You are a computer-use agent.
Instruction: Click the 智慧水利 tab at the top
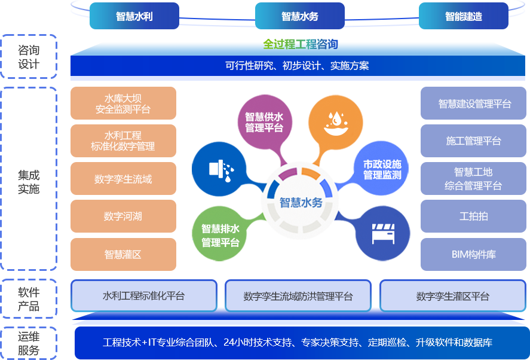coord(134,17)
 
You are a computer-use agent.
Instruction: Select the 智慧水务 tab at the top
coord(299,17)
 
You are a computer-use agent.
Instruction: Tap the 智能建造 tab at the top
coord(463,17)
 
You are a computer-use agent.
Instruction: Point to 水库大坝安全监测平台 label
coord(123,104)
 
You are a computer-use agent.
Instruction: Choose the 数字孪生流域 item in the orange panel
coord(123,179)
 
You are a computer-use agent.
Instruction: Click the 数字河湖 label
coord(123,216)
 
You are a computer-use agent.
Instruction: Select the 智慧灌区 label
coord(123,254)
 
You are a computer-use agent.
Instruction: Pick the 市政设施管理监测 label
coord(382,169)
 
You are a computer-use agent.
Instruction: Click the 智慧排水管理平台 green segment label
coord(220,236)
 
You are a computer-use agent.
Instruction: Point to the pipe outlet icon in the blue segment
coord(220,170)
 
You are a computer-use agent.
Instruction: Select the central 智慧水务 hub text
coord(301,203)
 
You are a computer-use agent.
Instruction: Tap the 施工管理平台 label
coord(473,141)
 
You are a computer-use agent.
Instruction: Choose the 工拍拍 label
coord(473,216)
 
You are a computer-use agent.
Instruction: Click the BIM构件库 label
coord(473,254)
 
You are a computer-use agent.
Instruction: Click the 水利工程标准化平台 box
coord(143,296)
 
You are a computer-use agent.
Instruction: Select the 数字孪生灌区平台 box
coord(452,296)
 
